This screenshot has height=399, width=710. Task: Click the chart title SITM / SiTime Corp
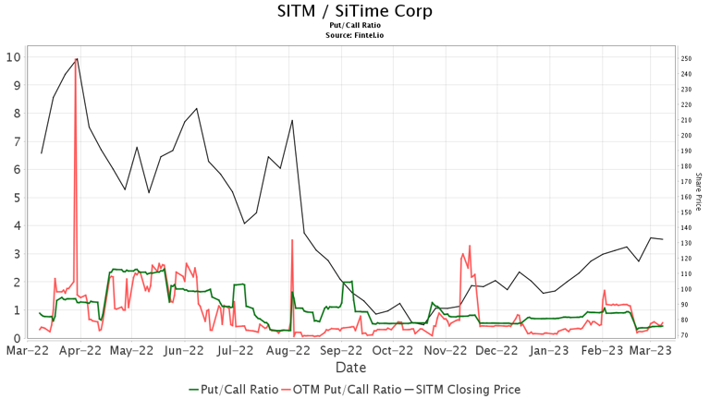[x=355, y=11]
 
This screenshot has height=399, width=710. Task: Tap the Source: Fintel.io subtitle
[x=355, y=35]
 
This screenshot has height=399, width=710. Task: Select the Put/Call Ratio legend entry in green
[x=233, y=390]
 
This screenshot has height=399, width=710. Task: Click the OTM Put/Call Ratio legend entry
[x=341, y=390]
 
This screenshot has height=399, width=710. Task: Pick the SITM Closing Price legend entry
[x=462, y=390]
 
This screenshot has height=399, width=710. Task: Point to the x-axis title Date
[x=351, y=368]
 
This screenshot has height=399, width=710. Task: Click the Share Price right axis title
[x=698, y=191]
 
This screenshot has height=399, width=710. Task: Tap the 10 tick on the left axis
[x=13, y=57]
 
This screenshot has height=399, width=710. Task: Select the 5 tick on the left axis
[x=18, y=198]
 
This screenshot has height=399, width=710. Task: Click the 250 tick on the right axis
[x=686, y=59]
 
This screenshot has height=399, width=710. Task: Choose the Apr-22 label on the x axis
[x=80, y=351]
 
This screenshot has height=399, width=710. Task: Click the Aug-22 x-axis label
[x=288, y=351]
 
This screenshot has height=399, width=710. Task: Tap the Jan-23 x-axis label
[x=549, y=351]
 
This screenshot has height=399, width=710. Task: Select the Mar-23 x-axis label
[x=650, y=351]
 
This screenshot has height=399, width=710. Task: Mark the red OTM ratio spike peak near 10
[x=76, y=59]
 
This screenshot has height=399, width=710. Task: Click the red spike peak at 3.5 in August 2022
[x=292, y=240]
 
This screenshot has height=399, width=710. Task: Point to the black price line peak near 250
[x=78, y=58]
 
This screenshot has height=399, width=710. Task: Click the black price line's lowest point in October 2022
[x=423, y=324]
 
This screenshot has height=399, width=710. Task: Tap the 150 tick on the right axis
[x=686, y=212]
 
